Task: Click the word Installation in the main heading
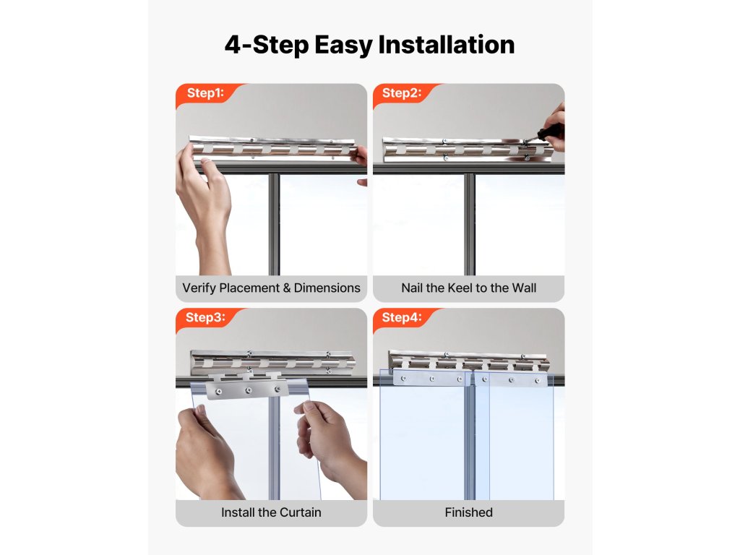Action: click(x=447, y=45)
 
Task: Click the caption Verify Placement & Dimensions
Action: click(x=272, y=288)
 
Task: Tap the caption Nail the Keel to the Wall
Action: click(x=468, y=288)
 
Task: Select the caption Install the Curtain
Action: click(x=272, y=512)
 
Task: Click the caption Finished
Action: click(x=468, y=512)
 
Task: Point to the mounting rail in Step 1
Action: click(x=272, y=148)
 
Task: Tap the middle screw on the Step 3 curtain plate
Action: click(x=248, y=390)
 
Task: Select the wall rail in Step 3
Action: click(x=272, y=361)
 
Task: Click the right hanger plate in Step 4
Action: click(x=511, y=379)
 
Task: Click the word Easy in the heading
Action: click(x=343, y=46)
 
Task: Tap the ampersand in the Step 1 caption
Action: click(x=287, y=288)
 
